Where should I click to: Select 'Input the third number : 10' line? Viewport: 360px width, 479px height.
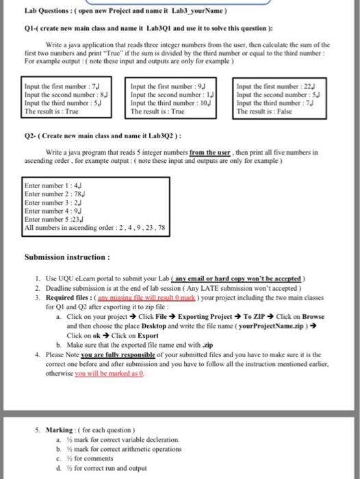[164, 103]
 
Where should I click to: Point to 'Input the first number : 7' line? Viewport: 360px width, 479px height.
[54, 87]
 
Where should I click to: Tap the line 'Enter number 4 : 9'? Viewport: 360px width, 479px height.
[49, 211]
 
